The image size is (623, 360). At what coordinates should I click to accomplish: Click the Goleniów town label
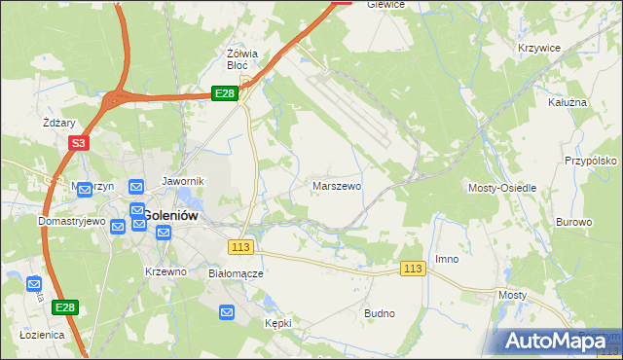coord(172,215)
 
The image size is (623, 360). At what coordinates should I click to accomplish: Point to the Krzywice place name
coord(538,48)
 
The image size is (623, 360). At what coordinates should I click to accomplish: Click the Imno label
coord(447,259)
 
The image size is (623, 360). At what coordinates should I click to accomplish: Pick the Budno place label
coord(379,313)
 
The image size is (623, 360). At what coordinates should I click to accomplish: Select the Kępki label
coord(277,321)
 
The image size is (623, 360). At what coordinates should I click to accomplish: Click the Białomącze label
coord(237,273)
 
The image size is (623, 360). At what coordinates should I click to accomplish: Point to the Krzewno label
coord(165,271)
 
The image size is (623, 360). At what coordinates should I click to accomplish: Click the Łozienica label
coord(42,334)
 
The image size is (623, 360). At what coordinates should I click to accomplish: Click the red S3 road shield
coord(79,143)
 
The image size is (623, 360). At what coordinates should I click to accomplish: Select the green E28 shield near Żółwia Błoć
coord(224,93)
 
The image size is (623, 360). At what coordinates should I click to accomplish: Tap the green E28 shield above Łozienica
coord(64,307)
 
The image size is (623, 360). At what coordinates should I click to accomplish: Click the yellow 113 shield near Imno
coord(414,269)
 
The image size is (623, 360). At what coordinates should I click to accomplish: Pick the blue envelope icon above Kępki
coord(227,311)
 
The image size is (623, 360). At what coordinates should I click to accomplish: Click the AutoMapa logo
coord(556,341)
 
